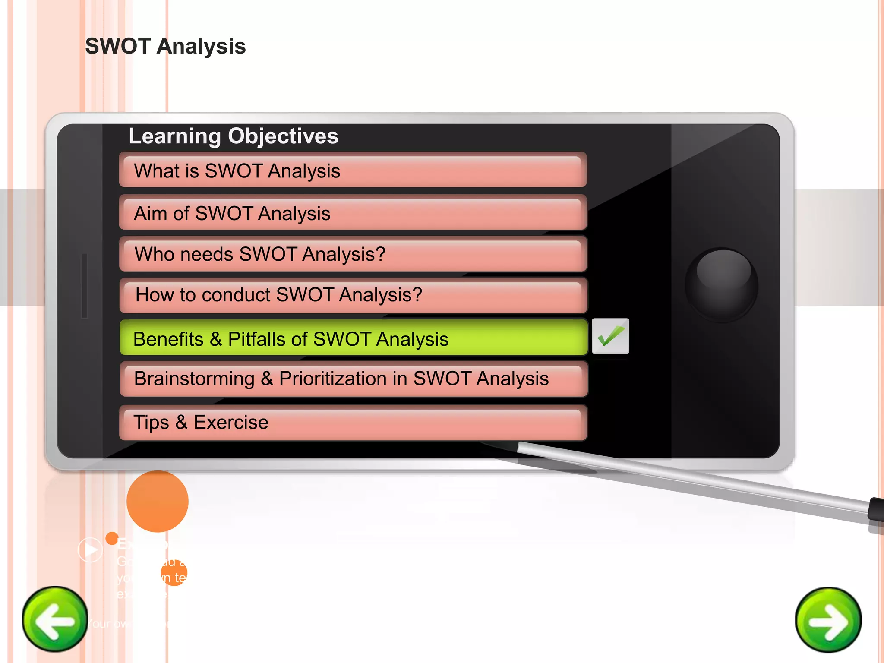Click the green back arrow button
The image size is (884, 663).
(55, 619)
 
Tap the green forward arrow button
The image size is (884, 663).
(828, 620)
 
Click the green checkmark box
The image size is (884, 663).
(610, 336)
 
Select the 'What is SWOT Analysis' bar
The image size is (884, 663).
(353, 170)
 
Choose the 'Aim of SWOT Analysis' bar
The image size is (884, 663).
(353, 212)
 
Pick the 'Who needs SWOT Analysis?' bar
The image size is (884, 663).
(353, 254)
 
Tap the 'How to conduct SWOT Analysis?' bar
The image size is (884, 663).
(353, 295)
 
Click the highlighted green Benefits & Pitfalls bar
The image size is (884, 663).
(353, 338)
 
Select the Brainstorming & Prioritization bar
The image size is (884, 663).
(353, 379)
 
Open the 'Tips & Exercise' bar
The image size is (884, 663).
(353, 422)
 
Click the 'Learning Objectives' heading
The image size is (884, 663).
(234, 136)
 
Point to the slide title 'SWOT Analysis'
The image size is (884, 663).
(165, 46)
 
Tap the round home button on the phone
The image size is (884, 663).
(721, 284)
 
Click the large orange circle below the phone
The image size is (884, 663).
(158, 501)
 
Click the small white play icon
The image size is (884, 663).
(90, 549)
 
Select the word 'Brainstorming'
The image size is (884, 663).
(194, 379)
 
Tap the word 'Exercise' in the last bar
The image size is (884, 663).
(231, 422)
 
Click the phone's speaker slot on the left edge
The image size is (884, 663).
(85, 285)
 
